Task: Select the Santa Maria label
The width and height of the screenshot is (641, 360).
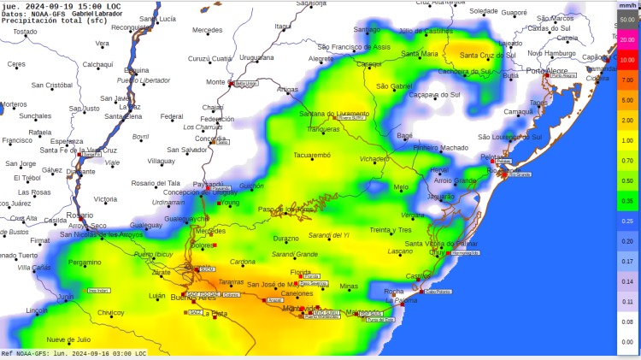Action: (420, 54)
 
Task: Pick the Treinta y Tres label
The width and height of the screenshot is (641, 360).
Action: (391, 229)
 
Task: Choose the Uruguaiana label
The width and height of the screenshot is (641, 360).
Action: (256, 57)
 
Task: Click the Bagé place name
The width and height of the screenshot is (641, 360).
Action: (405, 135)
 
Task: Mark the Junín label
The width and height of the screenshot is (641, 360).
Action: (65, 297)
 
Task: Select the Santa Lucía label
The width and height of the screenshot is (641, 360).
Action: (157, 19)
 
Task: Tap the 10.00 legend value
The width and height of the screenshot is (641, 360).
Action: (626, 60)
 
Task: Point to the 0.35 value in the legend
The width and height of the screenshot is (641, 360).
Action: (626, 201)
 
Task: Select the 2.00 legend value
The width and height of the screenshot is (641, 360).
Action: (626, 121)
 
